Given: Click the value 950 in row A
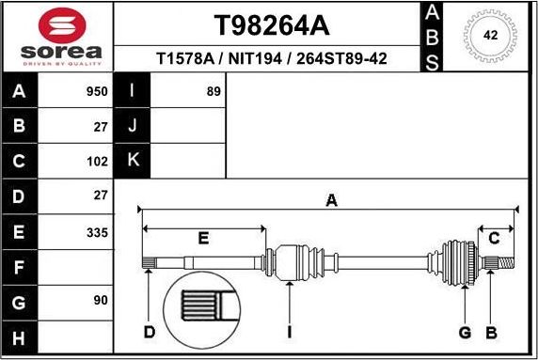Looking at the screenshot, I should [x=96, y=91].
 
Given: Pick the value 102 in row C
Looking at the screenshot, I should [x=96, y=161].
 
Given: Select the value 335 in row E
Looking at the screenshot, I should [x=96, y=231].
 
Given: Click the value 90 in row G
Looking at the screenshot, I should [x=100, y=301].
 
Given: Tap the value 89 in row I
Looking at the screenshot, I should [x=214, y=91].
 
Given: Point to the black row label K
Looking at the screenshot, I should [x=133, y=161].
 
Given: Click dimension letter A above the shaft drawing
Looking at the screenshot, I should [x=331, y=199].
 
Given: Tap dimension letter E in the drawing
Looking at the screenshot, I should [x=203, y=239].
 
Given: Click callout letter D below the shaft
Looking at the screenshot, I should [x=148, y=332].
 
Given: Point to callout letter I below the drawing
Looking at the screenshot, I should [x=290, y=332].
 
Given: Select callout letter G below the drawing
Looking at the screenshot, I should [x=465, y=332].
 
